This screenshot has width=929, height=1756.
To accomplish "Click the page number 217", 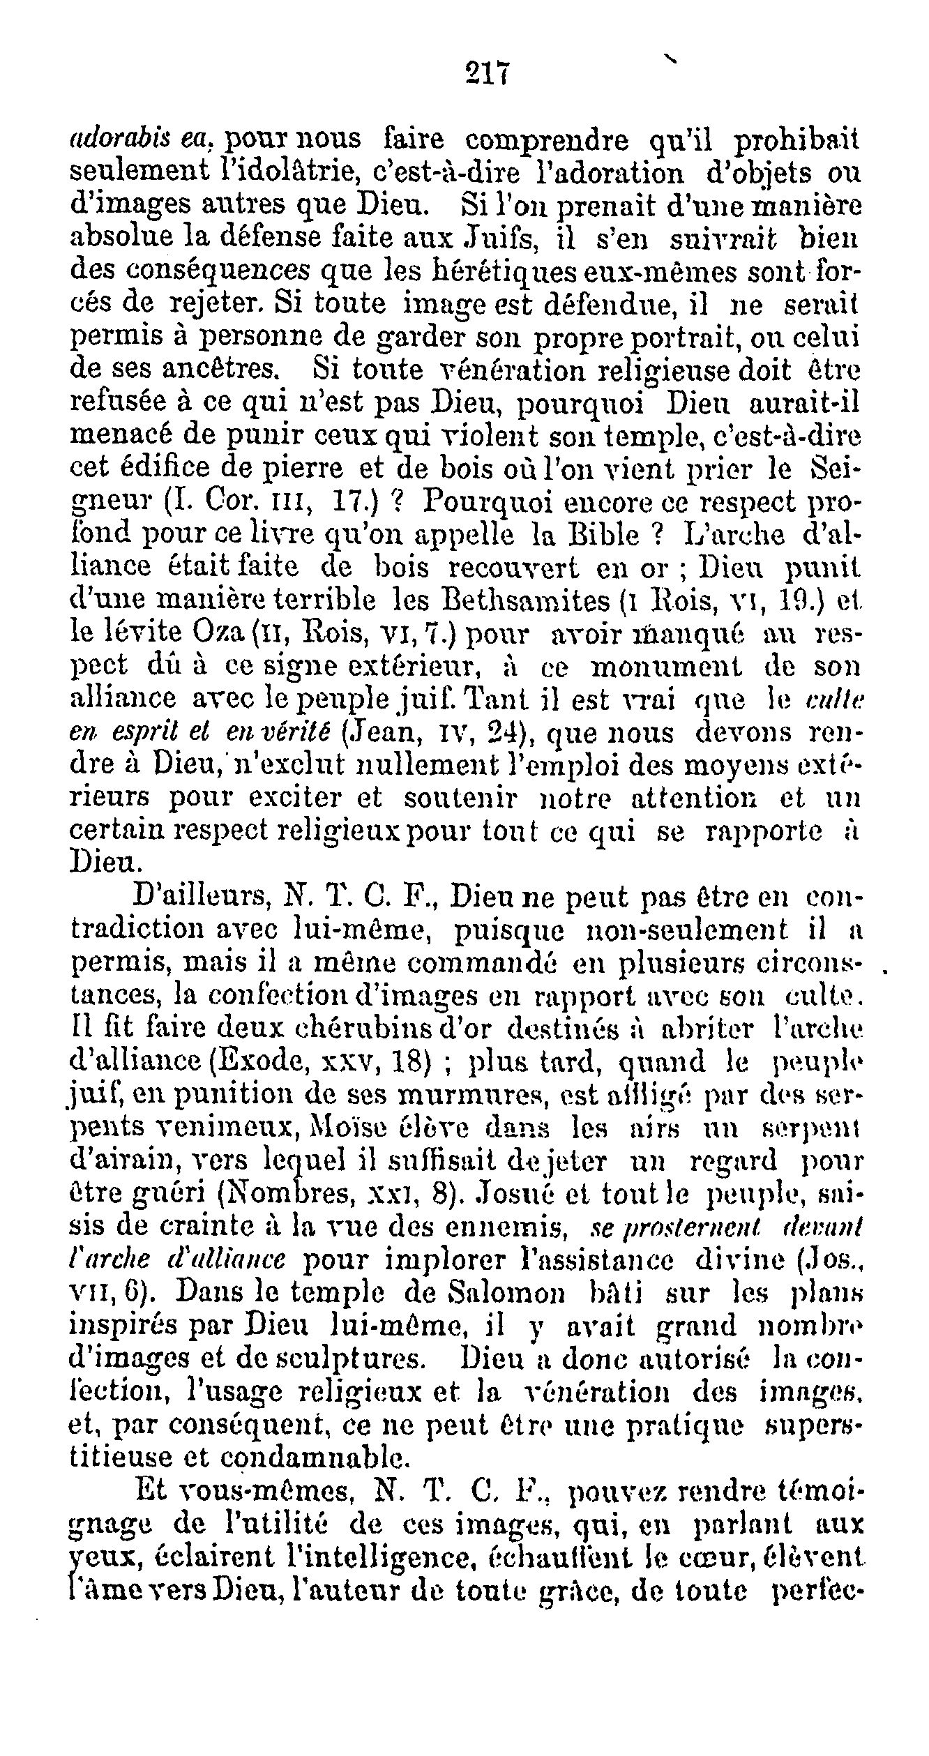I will pyautogui.click(x=488, y=73).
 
